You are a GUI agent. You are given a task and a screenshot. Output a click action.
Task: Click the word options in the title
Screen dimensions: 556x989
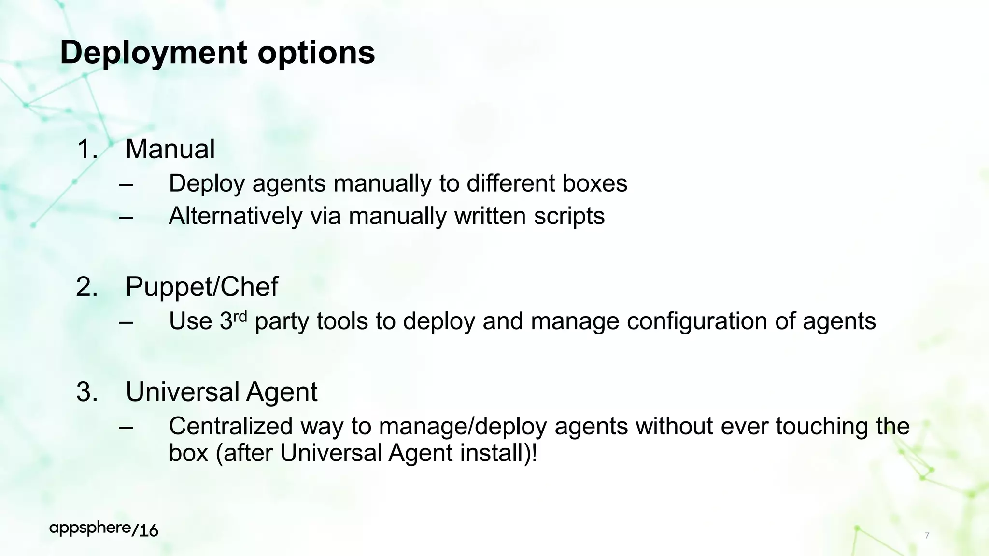click(x=316, y=53)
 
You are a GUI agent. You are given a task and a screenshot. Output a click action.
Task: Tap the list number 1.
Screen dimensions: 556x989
click(x=86, y=149)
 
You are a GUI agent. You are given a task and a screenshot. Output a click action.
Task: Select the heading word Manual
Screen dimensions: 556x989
click(x=170, y=149)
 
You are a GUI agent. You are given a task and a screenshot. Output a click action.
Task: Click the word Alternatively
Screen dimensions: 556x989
click(x=235, y=216)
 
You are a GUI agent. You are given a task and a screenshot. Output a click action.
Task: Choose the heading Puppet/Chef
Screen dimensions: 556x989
click(x=201, y=287)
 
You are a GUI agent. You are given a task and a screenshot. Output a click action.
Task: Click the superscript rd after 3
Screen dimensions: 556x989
click(x=240, y=317)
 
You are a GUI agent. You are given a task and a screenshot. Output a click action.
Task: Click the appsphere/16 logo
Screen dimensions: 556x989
click(x=104, y=529)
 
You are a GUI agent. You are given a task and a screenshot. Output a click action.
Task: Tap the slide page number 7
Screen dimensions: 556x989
click(x=927, y=536)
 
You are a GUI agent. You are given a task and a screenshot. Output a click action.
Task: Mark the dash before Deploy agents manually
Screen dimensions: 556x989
click(x=126, y=184)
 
